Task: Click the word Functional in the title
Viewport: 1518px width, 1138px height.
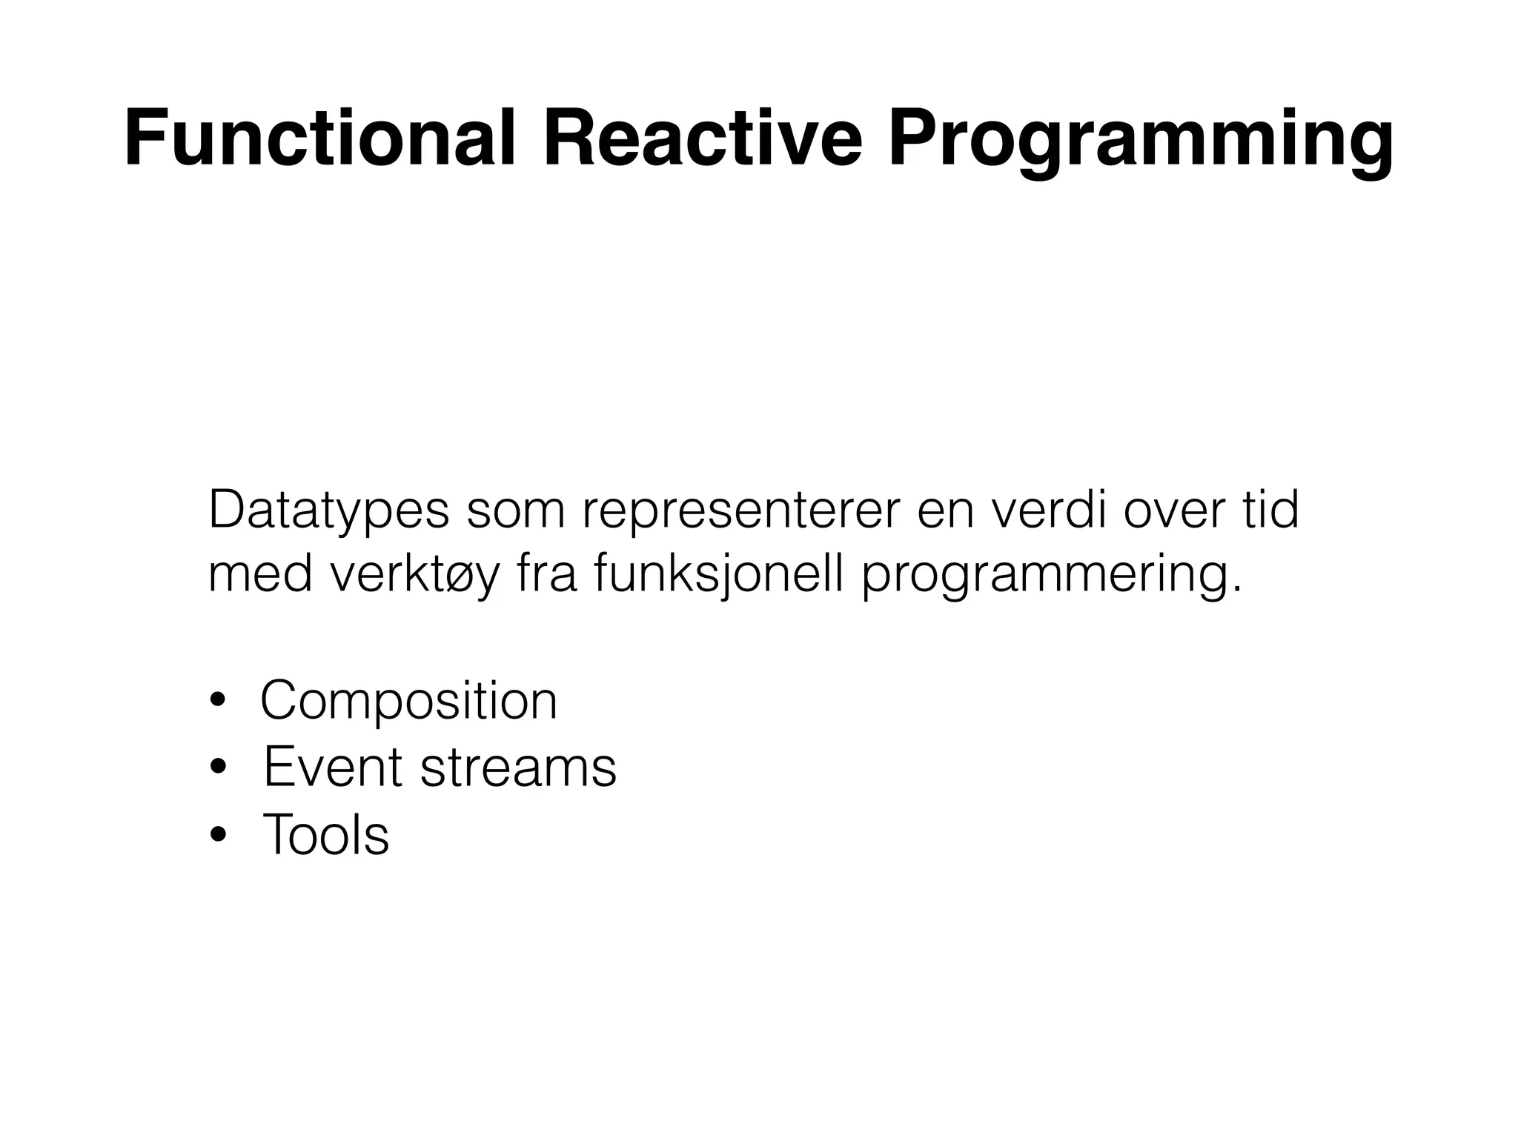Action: (x=319, y=139)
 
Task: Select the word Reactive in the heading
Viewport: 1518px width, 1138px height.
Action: (x=703, y=139)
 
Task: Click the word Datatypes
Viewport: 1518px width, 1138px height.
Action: (x=328, y=512)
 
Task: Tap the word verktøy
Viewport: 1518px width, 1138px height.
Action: (x=415, y=577)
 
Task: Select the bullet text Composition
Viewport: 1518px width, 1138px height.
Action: (x=408, y=701)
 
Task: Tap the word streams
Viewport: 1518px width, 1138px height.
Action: (x=518, y=768)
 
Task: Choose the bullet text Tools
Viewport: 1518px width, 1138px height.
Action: (x=325, y=835)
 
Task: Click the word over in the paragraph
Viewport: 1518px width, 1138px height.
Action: (x=1170, y=511)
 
